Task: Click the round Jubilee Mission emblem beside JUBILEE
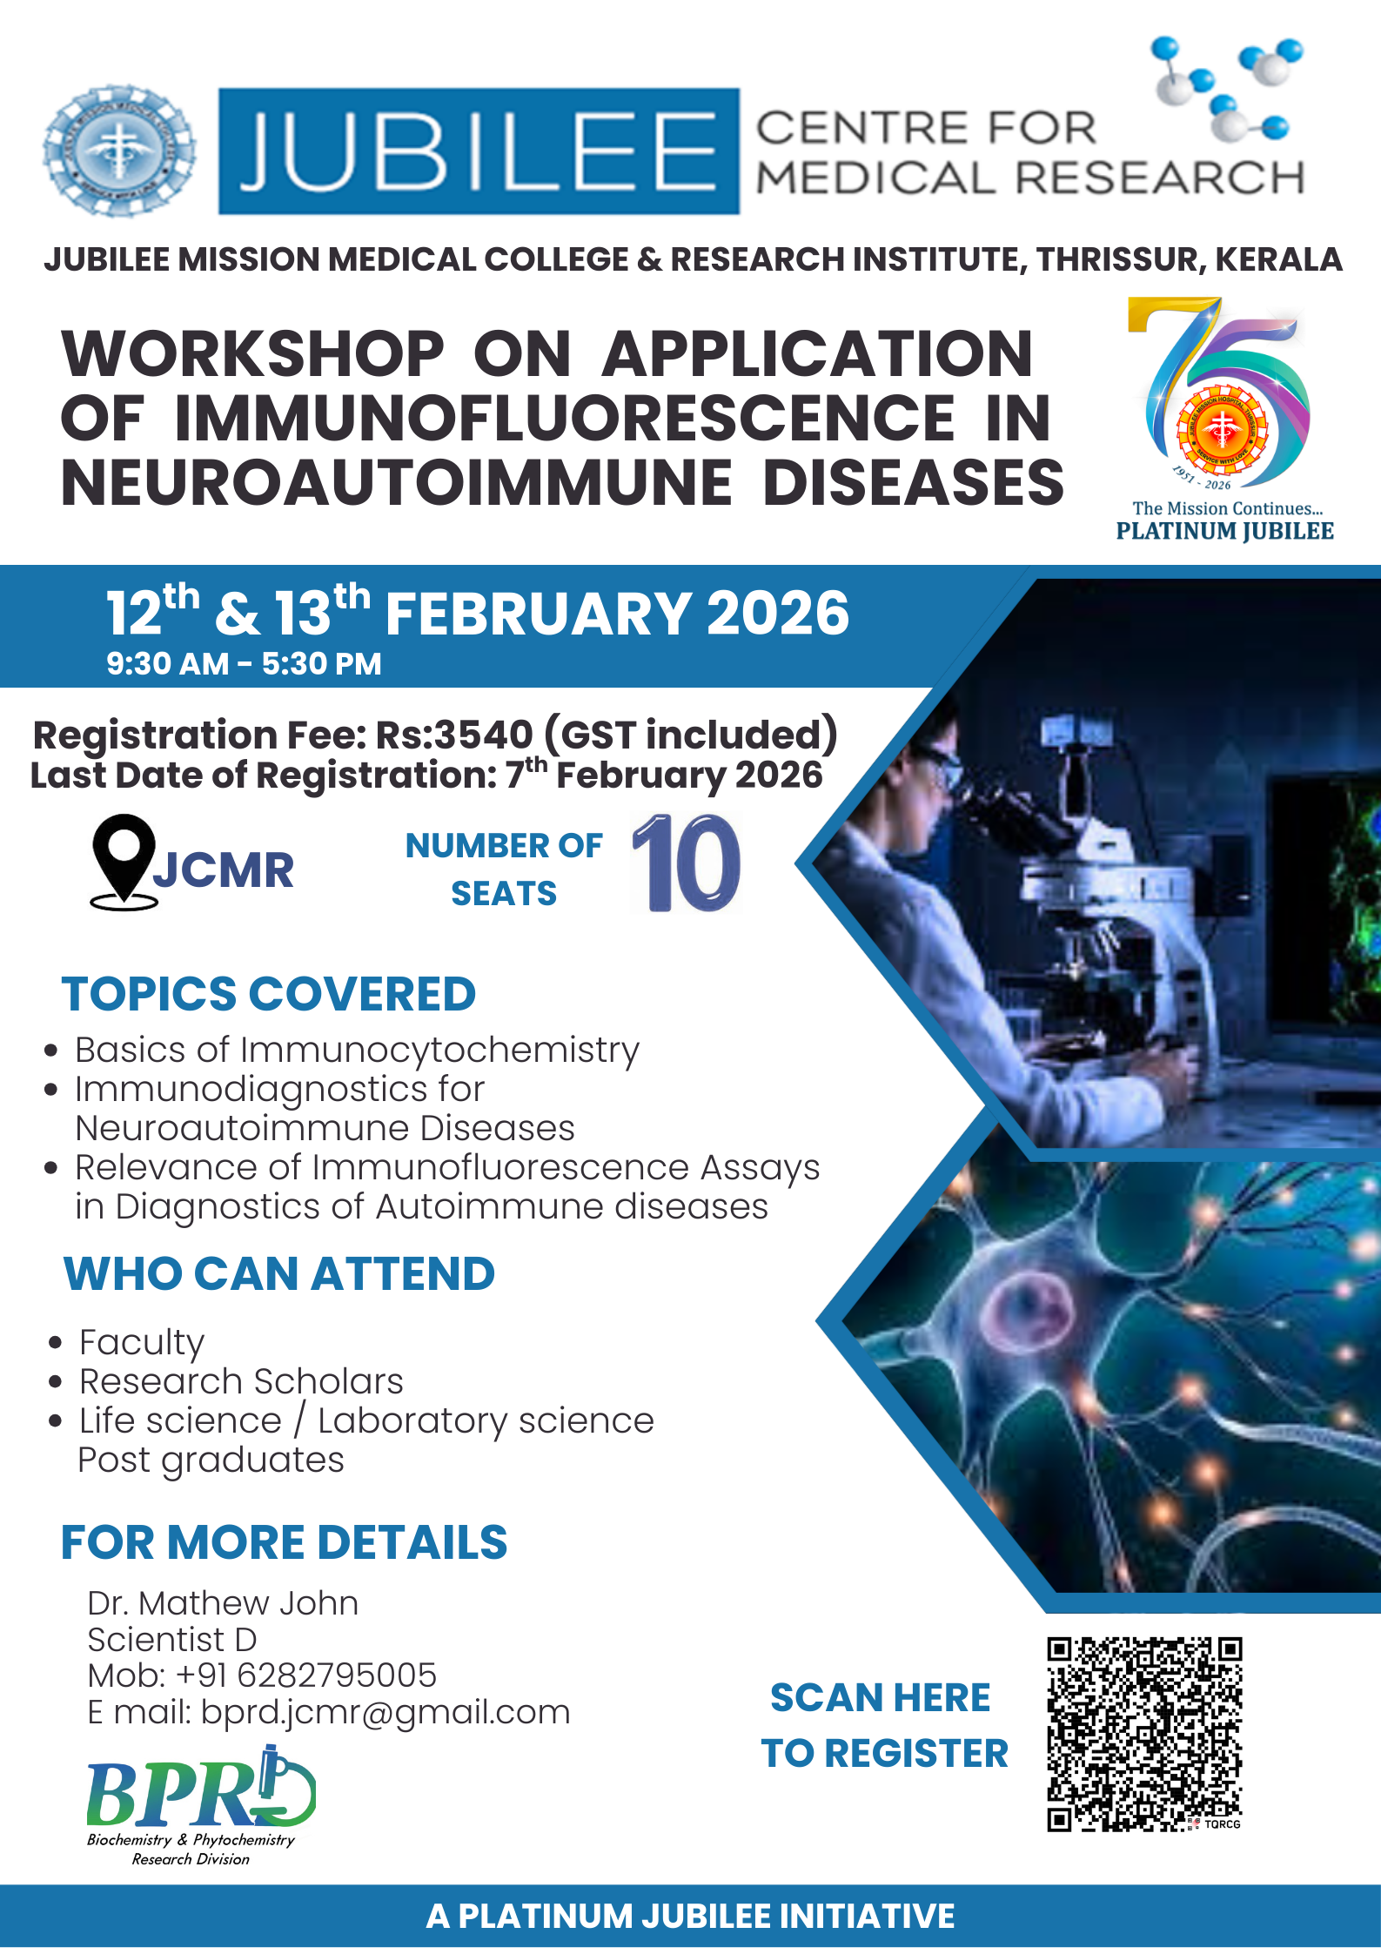point(119,151)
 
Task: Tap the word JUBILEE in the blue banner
point(478,151)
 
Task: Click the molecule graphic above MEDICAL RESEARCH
point(1227,88)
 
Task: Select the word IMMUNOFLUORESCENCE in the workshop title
point(565,419)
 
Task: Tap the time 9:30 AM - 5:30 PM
point(244,664)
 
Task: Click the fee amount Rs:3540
point(453,735)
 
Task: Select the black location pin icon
point(124,862)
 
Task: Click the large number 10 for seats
point(687,863)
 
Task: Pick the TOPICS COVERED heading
point(269,994)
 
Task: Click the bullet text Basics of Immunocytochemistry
point(357,1051)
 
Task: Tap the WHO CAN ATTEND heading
point(279,1274)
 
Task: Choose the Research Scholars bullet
point(241,1381)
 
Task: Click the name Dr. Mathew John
point(223,1603)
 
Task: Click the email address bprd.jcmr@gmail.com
point(385,1713)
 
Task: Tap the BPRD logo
point(200,1805)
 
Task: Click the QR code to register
point(1144,1735)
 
